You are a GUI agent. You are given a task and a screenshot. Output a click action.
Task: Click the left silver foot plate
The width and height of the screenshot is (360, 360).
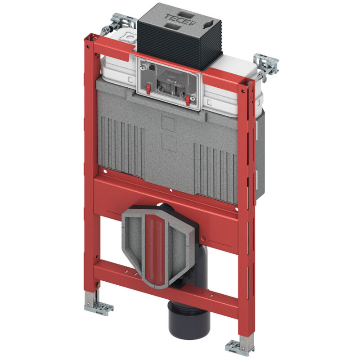tap(98, 307)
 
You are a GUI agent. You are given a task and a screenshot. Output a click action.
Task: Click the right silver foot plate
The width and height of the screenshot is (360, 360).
tap(239, 346)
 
